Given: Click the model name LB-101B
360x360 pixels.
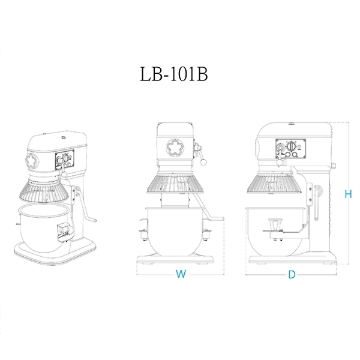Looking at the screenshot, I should coord(174,77).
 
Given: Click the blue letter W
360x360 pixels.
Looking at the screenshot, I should coord(179,275).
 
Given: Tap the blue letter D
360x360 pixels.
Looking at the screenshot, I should coord(292,275).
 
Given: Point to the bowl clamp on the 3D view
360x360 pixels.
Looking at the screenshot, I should coord(63,231).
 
